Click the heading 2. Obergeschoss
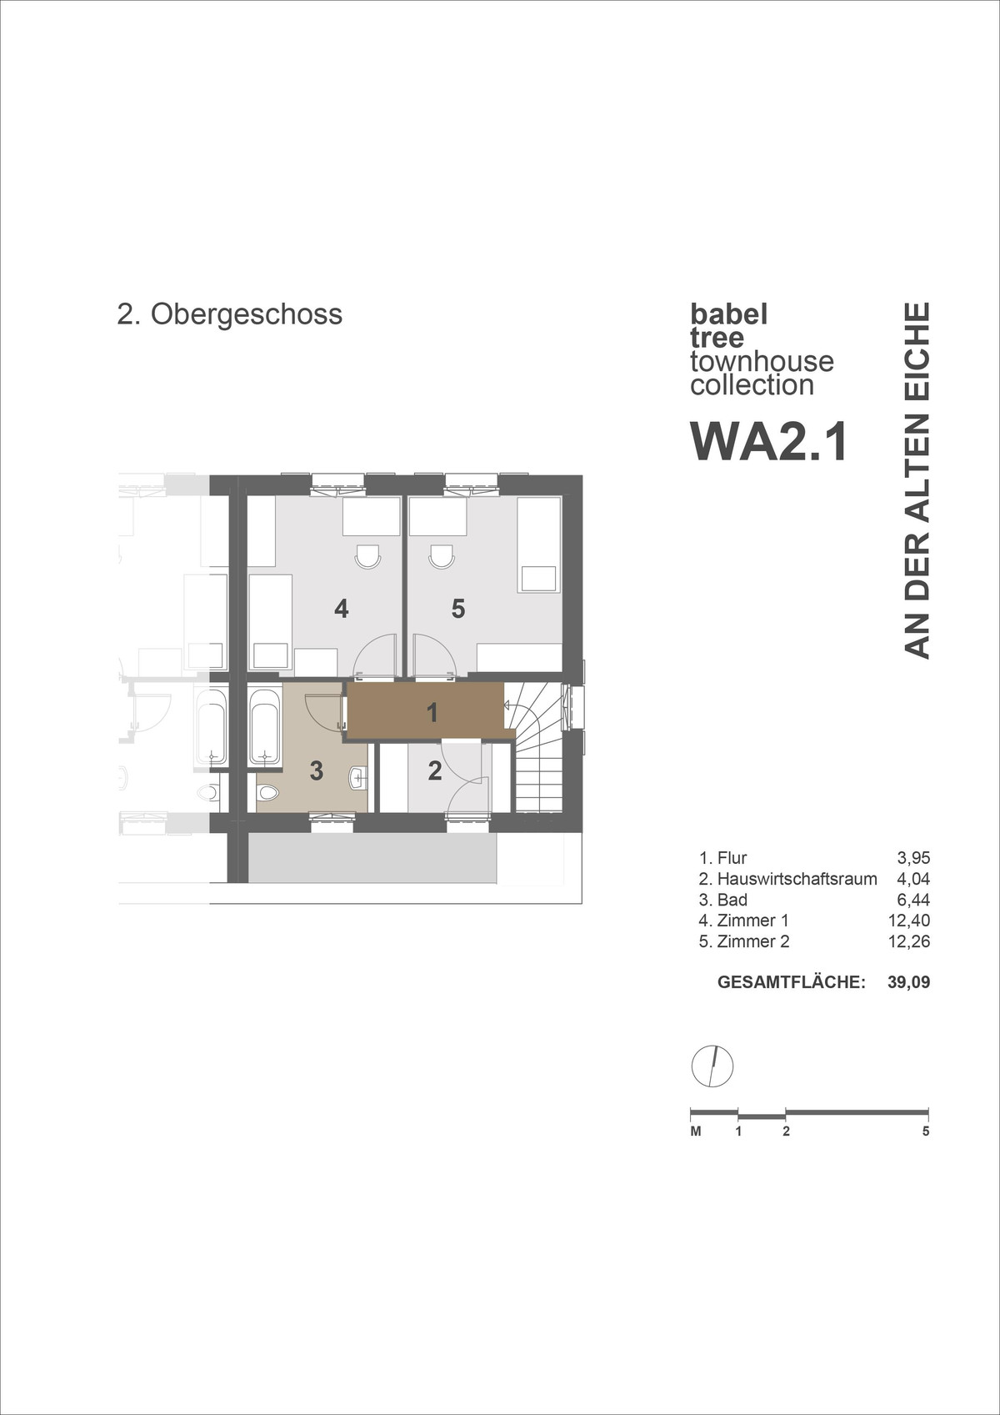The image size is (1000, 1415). tap(229, 314)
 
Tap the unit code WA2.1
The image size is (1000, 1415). tap(768, 441)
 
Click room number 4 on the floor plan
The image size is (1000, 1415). tap(341, 609)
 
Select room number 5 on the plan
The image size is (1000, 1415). tap(457, 609)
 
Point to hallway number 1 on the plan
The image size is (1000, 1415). tap(432, 713)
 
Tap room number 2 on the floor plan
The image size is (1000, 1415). tap(434, 771)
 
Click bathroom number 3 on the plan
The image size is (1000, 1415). tap(316, 770)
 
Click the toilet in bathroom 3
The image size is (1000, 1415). tap(267, 792)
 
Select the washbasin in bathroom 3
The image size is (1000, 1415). tap(357, 778)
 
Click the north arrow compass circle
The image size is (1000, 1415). tap(712, 1066)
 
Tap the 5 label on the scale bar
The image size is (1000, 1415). tap(926, 1131)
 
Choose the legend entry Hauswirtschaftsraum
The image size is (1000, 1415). tap(797, 879)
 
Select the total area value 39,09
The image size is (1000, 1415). tap(908, 982)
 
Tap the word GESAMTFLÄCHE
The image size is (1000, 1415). tap(791, 982)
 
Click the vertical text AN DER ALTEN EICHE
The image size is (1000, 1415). tap(917, 480)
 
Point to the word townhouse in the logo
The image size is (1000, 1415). tap(762, 361)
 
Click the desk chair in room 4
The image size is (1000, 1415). tap(367, 556)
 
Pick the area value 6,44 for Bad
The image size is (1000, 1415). tap(913, 900)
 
